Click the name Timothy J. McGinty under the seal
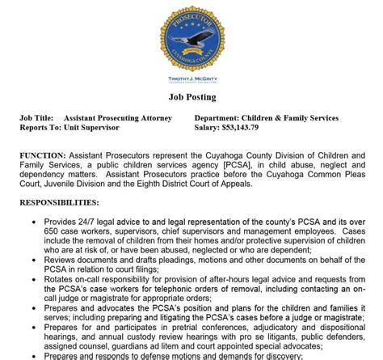(191, 79)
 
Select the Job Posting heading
(191, 98)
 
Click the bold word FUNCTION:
(43, 154)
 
